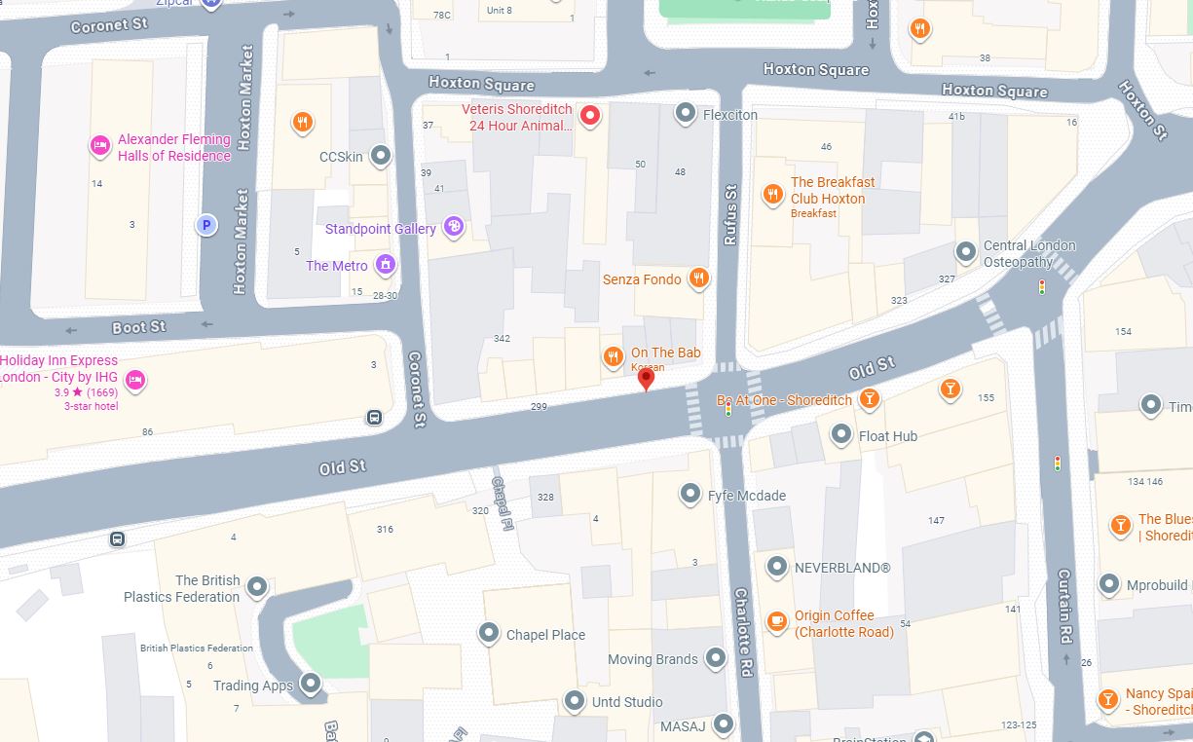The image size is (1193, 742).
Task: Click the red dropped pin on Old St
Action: point(645,379)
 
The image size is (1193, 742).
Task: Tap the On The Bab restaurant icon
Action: point(613,357)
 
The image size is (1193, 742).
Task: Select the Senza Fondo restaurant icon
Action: point(698,279)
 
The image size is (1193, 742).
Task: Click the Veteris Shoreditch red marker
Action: point(589,117)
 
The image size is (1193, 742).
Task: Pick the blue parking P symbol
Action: point(205,226)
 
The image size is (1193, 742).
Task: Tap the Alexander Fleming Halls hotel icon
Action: point(99,146)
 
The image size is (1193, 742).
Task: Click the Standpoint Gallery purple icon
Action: point(453,228)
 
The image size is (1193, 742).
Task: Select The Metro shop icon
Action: point(387,265)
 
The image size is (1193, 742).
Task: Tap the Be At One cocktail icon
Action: point(870,399)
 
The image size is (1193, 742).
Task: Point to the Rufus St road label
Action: point(729,216)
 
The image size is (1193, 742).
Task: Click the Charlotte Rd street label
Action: point(744,632)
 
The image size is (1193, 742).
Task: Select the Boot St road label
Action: point(138,327)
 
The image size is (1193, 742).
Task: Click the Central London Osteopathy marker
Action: point(966,253)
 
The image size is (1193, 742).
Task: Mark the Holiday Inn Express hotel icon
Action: point(135,380)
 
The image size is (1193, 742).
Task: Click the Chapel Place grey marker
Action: point(489,634)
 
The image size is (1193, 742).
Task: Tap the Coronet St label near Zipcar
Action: point(109,23)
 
